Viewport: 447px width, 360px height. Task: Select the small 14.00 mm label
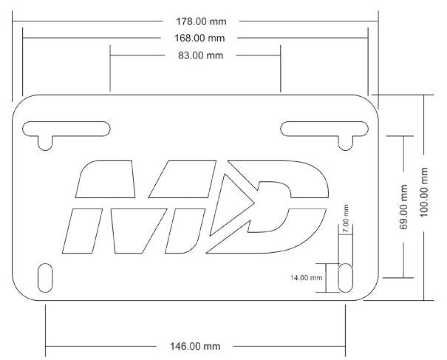(x=307, y=278)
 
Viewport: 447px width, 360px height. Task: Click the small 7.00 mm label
(x=346, y=219)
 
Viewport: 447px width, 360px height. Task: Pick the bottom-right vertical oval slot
(x=344, y=277)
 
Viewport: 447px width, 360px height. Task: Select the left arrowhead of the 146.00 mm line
(x=50, y=346)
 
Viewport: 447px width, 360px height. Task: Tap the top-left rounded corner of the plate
(x=22, y=103)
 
